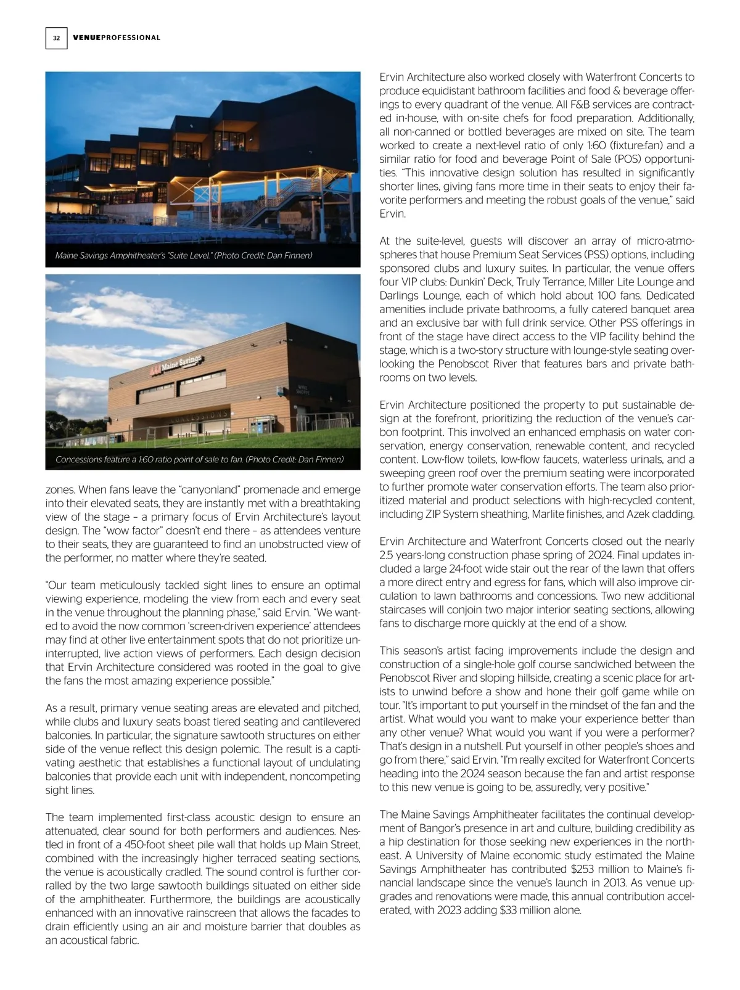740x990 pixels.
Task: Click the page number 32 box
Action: pyautogui.click(x=56, y=38)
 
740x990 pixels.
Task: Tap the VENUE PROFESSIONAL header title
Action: pyautogui.click(x=117, y=38)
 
